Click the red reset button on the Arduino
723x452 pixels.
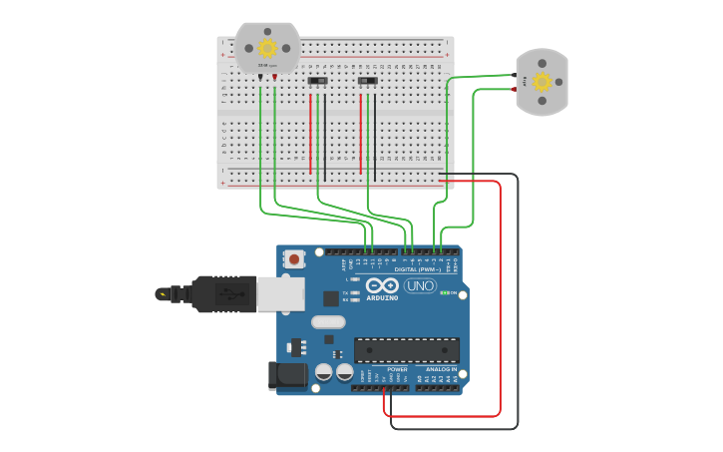[293, 259]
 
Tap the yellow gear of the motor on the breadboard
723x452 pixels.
[267, 48]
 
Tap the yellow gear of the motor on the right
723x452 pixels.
[542, 82]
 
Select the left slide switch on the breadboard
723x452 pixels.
[318, 80]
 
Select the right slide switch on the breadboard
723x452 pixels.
[368, 80]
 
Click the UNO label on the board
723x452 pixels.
[420, 285]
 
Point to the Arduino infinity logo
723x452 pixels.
[382, 284]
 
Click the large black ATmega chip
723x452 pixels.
[406, 350]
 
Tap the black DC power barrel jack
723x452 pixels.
[287, 376]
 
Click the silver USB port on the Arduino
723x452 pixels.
[280, 293]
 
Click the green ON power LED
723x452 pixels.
[444, 292]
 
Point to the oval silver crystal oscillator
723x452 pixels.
[328, 322]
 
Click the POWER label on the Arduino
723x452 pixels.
[397, 369]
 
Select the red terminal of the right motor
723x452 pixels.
[515, 88]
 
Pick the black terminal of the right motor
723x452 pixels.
[515, 75]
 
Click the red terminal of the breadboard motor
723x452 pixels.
[274, 76]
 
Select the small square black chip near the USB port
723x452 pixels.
[330, 298]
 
